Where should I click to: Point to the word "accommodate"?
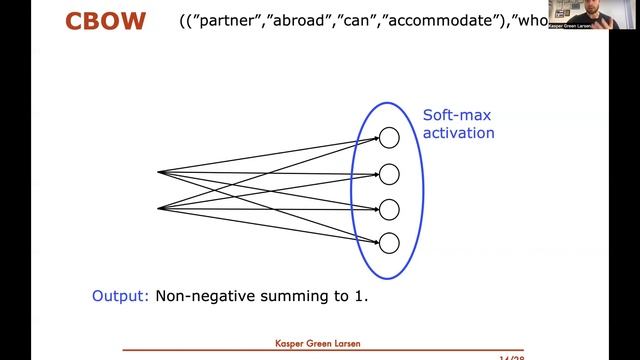(461, 21)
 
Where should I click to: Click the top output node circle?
(390, 139)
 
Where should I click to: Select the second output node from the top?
(390, 174)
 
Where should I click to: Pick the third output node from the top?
(390, 208)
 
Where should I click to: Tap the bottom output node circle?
(390, 242)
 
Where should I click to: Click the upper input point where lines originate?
(159, 172)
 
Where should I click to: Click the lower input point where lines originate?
(159, 208)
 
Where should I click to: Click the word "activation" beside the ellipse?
(458, 132)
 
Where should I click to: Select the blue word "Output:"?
(121, 296)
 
